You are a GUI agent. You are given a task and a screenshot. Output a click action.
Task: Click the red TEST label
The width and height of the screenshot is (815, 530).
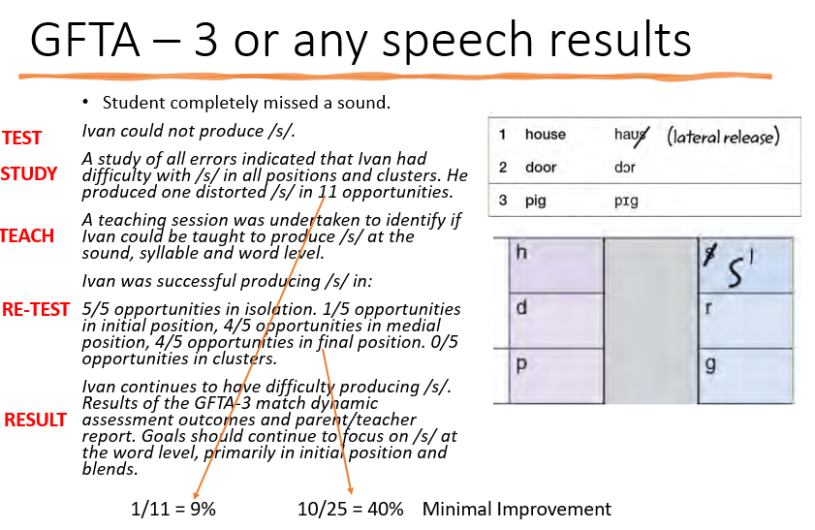[21, 138]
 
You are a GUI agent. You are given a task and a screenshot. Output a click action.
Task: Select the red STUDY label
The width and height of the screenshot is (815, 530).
[28, 174]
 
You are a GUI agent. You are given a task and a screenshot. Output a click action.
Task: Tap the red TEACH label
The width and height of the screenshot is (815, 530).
[27, 235]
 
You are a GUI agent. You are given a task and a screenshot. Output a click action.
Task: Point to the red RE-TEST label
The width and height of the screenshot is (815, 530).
[36, 309]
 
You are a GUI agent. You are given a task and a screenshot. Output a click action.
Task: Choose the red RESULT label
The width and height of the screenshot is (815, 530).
[36, 420]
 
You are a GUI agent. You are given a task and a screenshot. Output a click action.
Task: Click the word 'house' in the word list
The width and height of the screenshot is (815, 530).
[545, 135]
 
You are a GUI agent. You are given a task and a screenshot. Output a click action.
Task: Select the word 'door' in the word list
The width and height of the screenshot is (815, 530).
[541, 168]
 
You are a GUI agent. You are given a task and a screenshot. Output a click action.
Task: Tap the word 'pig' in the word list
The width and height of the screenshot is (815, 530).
[536, 202]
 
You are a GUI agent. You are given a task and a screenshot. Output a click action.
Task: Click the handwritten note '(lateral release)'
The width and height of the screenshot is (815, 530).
[722, 136]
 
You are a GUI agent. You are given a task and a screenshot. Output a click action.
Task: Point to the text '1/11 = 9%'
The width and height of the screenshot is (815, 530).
[173, 510]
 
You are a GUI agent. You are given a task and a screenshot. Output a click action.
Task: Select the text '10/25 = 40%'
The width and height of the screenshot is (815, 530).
[351, 510]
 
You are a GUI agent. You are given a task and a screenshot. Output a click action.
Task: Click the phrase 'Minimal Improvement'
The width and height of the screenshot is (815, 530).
[517, 510]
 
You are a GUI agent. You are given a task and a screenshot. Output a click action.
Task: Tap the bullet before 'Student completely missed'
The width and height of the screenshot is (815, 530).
[86, 102]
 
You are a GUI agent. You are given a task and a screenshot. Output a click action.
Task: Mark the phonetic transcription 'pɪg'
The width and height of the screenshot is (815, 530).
[626, 202]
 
